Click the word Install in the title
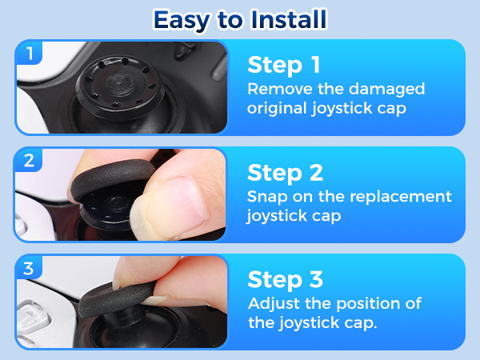point(289,19)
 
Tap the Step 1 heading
point(284,65)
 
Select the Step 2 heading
point(285,173)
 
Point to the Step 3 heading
point(285,279)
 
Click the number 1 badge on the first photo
point(30,54)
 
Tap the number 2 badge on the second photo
point(29,161)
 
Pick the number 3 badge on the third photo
point(29,268)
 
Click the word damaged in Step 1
point(386,90)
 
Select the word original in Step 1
point(277,109)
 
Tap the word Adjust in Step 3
point(274,304)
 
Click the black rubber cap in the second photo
point(113,178)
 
